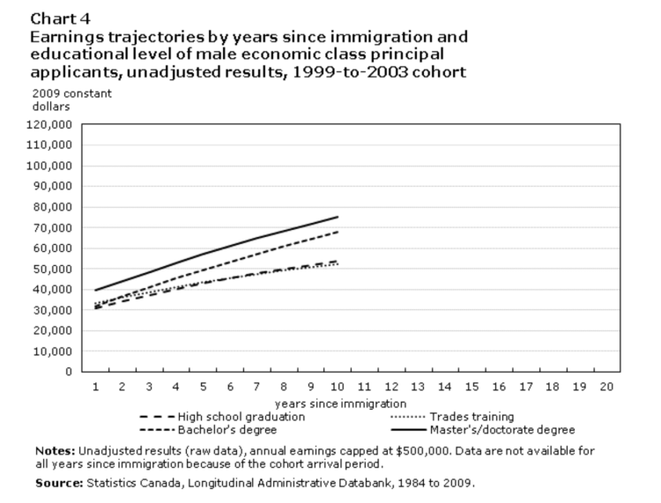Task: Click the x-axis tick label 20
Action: (605, 387)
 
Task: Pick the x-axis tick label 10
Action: (337, 387)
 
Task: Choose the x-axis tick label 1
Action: (95, 387)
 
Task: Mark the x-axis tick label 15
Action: (471, 387)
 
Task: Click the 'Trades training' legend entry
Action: (472, 417)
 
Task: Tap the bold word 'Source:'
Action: (58, 483)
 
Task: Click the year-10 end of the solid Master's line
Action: (338, 217)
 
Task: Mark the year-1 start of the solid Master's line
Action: (95, 290)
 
